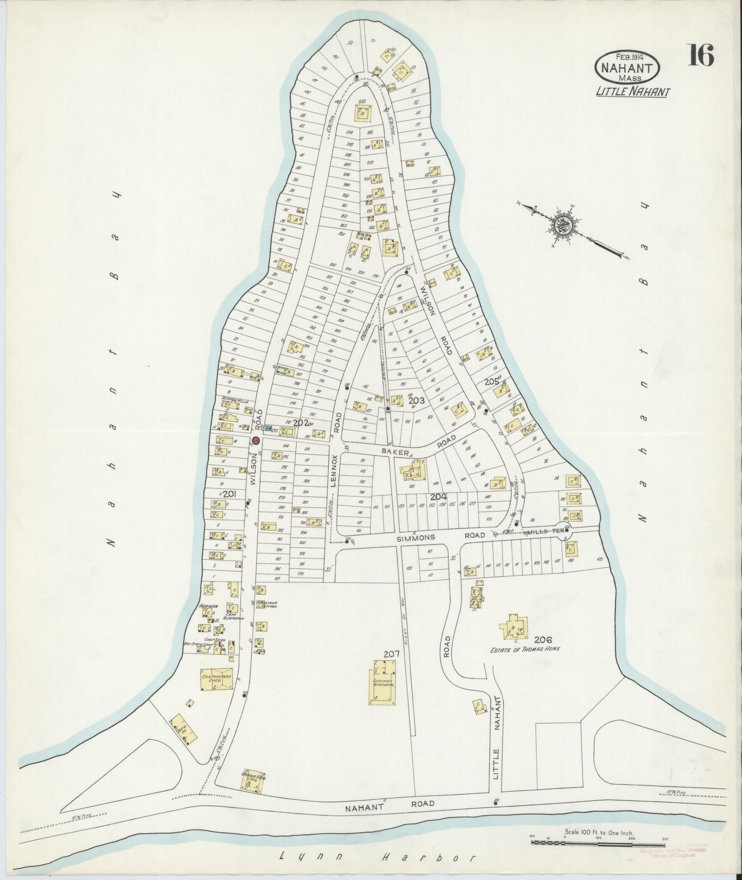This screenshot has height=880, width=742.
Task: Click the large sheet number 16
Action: tap(701, 56)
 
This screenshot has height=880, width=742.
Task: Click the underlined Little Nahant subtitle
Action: tap(633, 92)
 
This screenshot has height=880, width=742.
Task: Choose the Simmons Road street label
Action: tap(441, 536)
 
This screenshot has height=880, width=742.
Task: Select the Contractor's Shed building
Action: tap(216, 679)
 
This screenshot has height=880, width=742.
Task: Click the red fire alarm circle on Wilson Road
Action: tap(256, 441)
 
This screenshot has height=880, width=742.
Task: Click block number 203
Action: tap(416, 400)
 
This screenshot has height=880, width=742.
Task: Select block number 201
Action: tap(229, 494)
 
